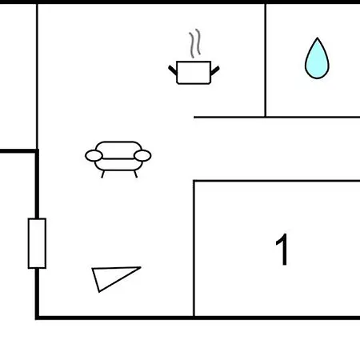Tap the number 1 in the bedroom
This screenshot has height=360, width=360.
pos(282,250)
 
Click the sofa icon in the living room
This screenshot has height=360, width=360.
pos(118,159)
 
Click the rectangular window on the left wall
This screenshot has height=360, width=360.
pos(37,243)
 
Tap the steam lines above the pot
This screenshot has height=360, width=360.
pos(195,43)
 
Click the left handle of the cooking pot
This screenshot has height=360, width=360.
pos(173,70)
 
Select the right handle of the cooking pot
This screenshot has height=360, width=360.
pos(215,70)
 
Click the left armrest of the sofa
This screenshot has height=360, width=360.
pos(94,156)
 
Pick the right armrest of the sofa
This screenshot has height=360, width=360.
pos(142,156)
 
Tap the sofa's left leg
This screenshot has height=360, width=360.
pos(102,174)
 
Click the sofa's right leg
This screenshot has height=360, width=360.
pos(135,174)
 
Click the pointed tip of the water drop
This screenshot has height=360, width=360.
pos(318,38)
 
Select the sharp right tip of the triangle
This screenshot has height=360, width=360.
pos(141,267)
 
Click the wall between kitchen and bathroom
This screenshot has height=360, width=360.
pos(266,60)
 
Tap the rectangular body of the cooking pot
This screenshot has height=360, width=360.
pos(194,73)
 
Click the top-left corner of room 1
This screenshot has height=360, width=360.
pos(194,181)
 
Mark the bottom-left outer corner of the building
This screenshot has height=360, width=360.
pos(36,319)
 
